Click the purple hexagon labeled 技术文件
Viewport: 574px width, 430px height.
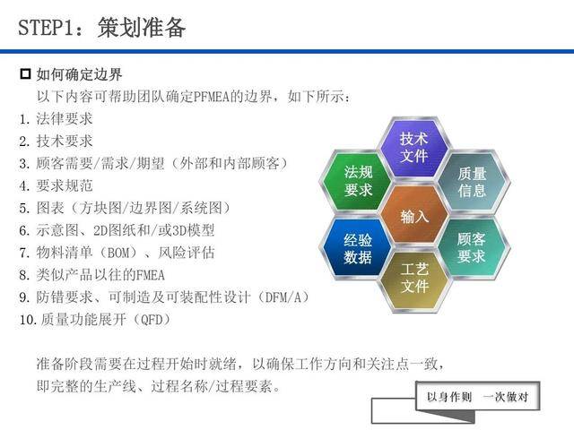tap(414, 147)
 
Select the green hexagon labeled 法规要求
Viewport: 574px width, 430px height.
tap(357, 181)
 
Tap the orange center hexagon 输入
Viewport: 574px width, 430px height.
tap(414, 215)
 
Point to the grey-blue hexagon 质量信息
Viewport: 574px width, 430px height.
tap(472, 182)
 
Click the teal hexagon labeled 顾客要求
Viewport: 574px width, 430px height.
tap(472, 248)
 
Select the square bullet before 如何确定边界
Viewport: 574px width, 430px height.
tap(25, 74)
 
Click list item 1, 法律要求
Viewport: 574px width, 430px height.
tap(64, 119)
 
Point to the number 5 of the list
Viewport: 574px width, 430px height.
tap(23, 209)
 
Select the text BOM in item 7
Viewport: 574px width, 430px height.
tap(117, 253)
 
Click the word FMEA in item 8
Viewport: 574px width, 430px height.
tap(150, 275)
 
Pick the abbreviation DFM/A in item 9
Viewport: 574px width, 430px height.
tap(283, 297)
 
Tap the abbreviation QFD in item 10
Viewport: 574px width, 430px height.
tap(152, 320)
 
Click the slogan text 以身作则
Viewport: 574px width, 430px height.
tap(449, 397)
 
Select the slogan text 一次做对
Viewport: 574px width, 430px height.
tap(506, 397)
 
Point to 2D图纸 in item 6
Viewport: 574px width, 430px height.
tap(115, 231)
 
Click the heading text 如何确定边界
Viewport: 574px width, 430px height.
tap(79, 74)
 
